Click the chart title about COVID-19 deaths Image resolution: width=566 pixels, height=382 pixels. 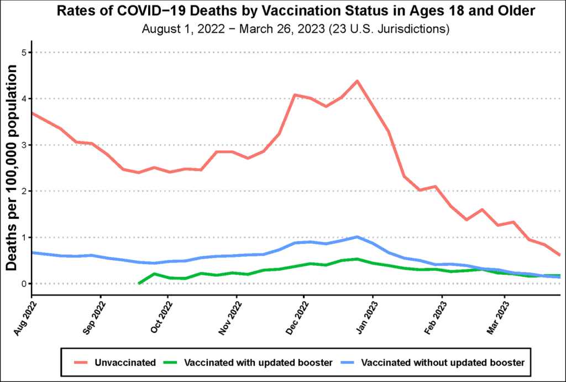(282, 12)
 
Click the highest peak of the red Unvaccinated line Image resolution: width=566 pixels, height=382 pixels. (357, 81)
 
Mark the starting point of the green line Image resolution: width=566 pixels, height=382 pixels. (139, 283)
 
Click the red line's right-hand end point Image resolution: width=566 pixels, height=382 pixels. (560, 255)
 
